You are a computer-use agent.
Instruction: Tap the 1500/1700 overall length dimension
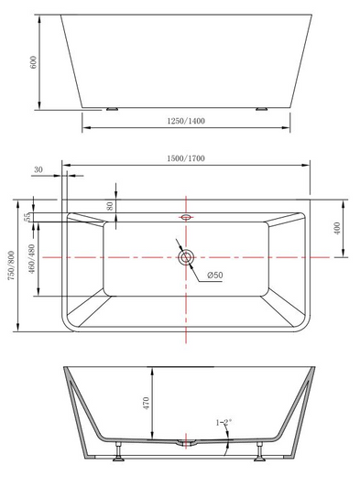(x=186, y=158)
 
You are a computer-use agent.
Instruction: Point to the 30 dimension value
(x=38, y=169)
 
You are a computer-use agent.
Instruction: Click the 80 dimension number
(x=110, y=206)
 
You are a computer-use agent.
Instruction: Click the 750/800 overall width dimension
(x=10, y=265)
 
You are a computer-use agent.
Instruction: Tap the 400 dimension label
(x=339, y=226)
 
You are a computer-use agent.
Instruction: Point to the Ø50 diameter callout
(x=215, y=276)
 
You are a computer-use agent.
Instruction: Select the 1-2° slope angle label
(x=224, y=422)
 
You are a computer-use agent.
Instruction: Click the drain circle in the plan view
(x=186, y=256)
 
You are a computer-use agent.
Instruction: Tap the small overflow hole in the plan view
(x=186, y=218)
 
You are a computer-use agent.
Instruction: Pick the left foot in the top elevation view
(x=113, y=108)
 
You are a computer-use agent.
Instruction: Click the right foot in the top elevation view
(x=260, y=108)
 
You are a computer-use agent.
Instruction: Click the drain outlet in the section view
(x=186, y=444)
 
